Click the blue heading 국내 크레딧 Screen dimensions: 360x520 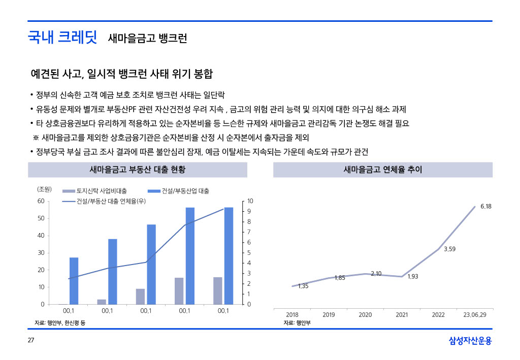[62, 37]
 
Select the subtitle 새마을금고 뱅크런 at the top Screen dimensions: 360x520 [147, 38]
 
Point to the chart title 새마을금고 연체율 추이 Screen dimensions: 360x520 [382, 170]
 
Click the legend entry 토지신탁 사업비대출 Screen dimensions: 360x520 [101, 191]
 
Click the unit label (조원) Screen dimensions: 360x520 [45, 189]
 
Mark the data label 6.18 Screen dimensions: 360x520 [485, 207]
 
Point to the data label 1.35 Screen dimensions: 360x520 [303, 286]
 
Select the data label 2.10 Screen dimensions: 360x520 [376, 274]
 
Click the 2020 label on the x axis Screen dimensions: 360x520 [365, 315]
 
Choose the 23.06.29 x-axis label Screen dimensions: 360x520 [474, 315]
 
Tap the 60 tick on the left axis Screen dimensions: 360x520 [41, 201]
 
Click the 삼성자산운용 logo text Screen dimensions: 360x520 [470, 341]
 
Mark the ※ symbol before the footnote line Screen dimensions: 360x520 [36, 138]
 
